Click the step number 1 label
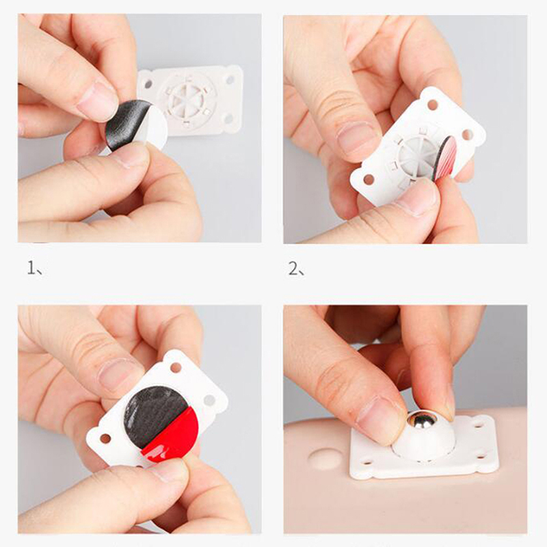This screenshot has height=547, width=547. point(35,268)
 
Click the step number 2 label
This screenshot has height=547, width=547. point(297,268)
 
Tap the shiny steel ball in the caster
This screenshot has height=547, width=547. point(422,423)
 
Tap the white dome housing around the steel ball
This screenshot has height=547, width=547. point(423,440)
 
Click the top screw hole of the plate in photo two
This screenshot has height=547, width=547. point(433,105)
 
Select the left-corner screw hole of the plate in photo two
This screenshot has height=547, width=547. point(369,180)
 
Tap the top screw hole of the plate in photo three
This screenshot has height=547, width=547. point(176,367)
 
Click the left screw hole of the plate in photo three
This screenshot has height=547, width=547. point(105,438)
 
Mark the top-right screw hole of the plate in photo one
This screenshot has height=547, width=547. point(230,80)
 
